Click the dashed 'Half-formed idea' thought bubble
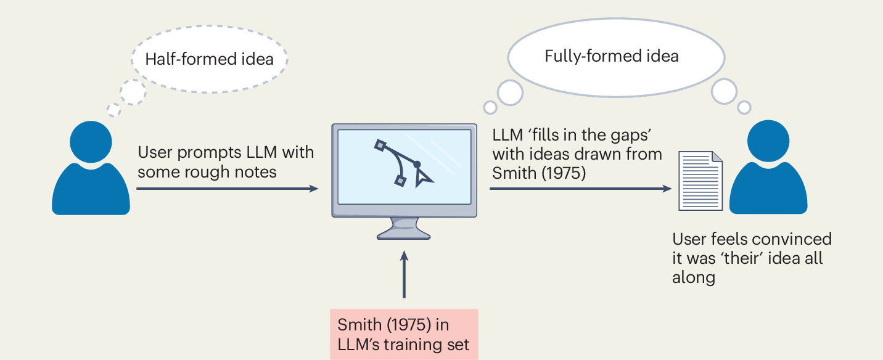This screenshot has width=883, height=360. (210, 59)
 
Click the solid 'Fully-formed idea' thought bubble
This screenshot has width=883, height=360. (615, 57)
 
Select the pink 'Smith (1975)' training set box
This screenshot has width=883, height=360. (404, 333)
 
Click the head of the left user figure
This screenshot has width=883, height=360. (91, 143)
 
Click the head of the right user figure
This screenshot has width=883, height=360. (769, 142)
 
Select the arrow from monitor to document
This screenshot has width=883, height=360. (580, 188)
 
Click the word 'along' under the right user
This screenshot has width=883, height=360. (694, 277)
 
